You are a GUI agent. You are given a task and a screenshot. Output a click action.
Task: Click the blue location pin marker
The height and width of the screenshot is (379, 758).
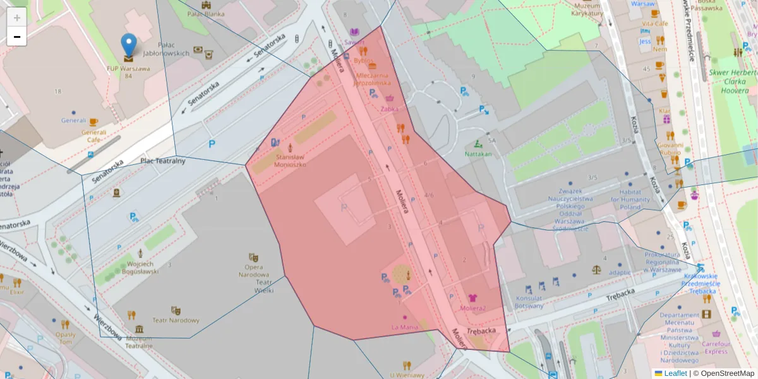click(x=129, y=44)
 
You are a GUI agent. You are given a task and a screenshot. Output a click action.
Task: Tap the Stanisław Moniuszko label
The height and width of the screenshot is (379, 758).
click(x=291, y=160)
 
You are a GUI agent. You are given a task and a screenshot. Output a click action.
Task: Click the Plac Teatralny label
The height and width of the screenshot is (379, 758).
click(x=163, y=160)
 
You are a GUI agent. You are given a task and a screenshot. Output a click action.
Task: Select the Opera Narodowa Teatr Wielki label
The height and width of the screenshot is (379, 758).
click(x=254, y=279)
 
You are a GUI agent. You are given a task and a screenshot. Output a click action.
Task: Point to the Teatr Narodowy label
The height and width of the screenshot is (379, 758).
click(x=176, y=320)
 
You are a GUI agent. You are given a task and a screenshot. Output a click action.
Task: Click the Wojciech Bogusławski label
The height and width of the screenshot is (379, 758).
click(x=140, y=268)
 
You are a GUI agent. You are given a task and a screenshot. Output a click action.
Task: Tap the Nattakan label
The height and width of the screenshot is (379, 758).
click(x=478, y=153)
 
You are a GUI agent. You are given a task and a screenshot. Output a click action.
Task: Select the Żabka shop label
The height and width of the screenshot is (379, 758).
click(x=390, y=109)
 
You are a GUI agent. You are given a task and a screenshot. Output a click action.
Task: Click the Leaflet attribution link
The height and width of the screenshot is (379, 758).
click(x=675, y=373)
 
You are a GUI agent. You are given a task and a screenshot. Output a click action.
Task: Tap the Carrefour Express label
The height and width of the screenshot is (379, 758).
click(x=716, y=347)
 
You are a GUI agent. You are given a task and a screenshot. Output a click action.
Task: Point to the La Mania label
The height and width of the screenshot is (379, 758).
click(x=405, y=327)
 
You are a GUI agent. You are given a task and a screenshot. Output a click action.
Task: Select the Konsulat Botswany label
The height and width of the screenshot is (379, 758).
click(x=529, y=302)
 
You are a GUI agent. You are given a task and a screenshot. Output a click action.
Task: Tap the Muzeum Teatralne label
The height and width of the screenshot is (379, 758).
click(x=138, y=342)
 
